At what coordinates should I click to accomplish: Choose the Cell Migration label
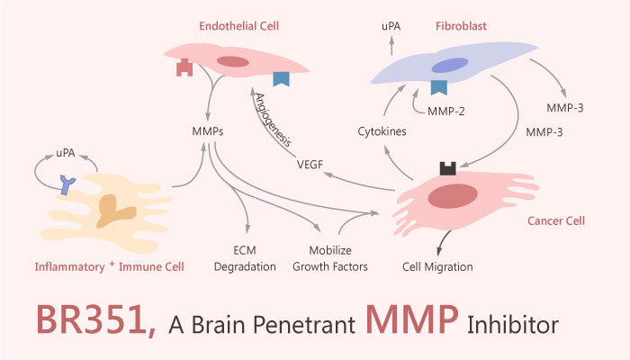click(437, 266)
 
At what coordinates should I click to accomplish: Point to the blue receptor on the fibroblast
click(439, 86)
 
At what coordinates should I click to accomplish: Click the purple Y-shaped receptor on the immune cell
click(67, 184)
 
